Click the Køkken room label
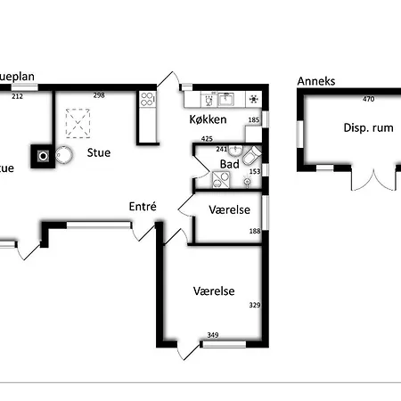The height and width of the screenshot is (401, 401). pos(208,119)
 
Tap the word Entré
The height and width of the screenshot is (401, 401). pos(143,206)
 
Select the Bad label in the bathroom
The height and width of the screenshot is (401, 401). pos(228,165)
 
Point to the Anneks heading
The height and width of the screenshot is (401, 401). pos(316,81)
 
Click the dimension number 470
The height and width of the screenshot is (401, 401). pos(368,100)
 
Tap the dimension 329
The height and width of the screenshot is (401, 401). pos(254,306)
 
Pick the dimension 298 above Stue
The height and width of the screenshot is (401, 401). pos(100,96)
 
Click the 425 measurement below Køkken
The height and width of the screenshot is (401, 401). pos(207,138)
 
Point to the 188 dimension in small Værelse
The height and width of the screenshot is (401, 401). pos(254,232)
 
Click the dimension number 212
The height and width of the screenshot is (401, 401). pos(18,96)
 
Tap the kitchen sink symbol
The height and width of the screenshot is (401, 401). pos(225,99)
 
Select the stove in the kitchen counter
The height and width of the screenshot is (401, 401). pos(254,99)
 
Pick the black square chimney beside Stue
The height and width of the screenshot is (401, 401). pos(43,156)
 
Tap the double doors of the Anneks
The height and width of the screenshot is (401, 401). pos(370,180)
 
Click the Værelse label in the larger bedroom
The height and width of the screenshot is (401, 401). pos(214,291)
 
